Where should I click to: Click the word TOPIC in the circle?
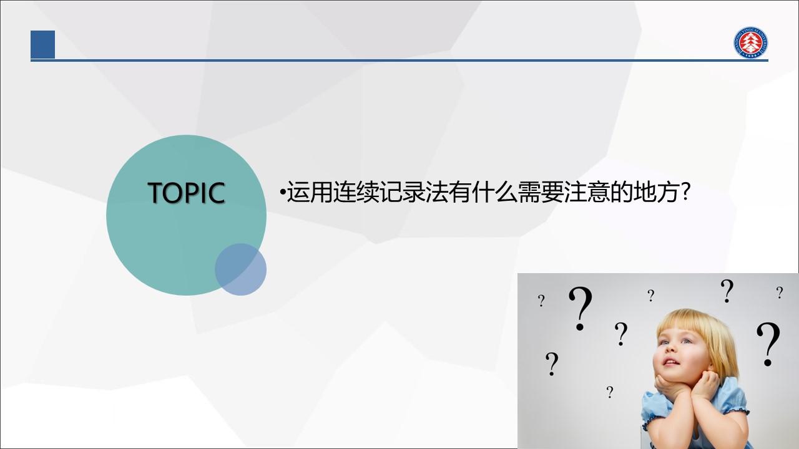click(186, 193)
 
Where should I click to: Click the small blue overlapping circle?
click(240, 269)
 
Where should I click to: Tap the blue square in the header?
click(43, 44)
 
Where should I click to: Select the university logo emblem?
click(751, 42)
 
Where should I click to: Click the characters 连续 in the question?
click(356, 193)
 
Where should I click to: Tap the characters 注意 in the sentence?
click(587, 193)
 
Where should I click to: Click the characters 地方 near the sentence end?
click(655, 193)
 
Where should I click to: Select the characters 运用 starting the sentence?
click(310, 193)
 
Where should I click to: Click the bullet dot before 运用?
click(283, 193)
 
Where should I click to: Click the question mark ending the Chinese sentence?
click(685, 192)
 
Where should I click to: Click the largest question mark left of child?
click(581, 308)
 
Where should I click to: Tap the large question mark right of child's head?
click(768, 344)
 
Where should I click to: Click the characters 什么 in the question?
click(495, 193)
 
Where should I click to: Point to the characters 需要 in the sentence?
click(541, 193)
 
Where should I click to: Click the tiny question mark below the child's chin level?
click(610, 392)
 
